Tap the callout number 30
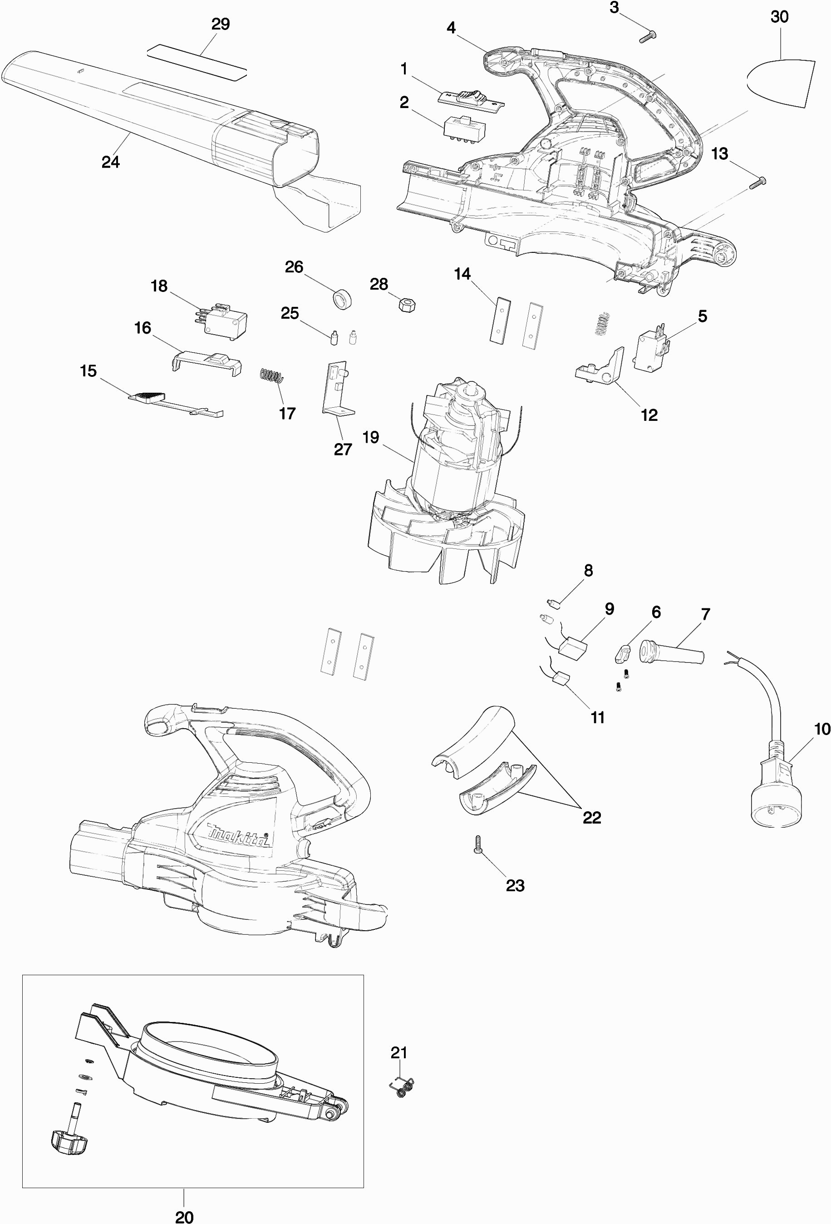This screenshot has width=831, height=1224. [x=779, y=17]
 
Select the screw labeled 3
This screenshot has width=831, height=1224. [x=648, y=37]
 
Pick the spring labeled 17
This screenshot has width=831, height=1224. [x=272, y=375]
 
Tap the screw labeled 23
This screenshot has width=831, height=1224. [x=478, y=845]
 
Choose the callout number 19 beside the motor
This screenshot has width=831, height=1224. [x=371, y=437]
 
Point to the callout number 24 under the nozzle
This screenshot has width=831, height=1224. [x=111, y=162]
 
